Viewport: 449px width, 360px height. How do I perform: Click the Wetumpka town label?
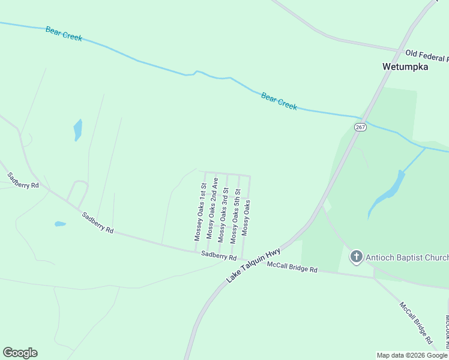click(405, 67)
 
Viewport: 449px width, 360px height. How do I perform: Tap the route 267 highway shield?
click(360, 127)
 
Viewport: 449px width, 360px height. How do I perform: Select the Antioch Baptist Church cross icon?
click(356, 257)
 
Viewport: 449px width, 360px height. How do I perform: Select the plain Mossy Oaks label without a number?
click(246, 218)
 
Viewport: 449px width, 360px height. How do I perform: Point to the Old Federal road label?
click(426, 56)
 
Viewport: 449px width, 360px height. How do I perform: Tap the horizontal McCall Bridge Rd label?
click(292, 267)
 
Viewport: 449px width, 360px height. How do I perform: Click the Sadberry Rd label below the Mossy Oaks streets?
click(218, 256)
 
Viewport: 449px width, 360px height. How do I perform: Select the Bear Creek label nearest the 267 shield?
click(279, 101)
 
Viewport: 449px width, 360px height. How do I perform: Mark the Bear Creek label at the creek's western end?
click(64, 33)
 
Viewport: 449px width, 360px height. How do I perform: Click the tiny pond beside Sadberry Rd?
click(60, 224)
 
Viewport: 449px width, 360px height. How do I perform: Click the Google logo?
click(20, 353)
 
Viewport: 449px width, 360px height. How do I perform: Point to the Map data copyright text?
click(412, 355)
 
